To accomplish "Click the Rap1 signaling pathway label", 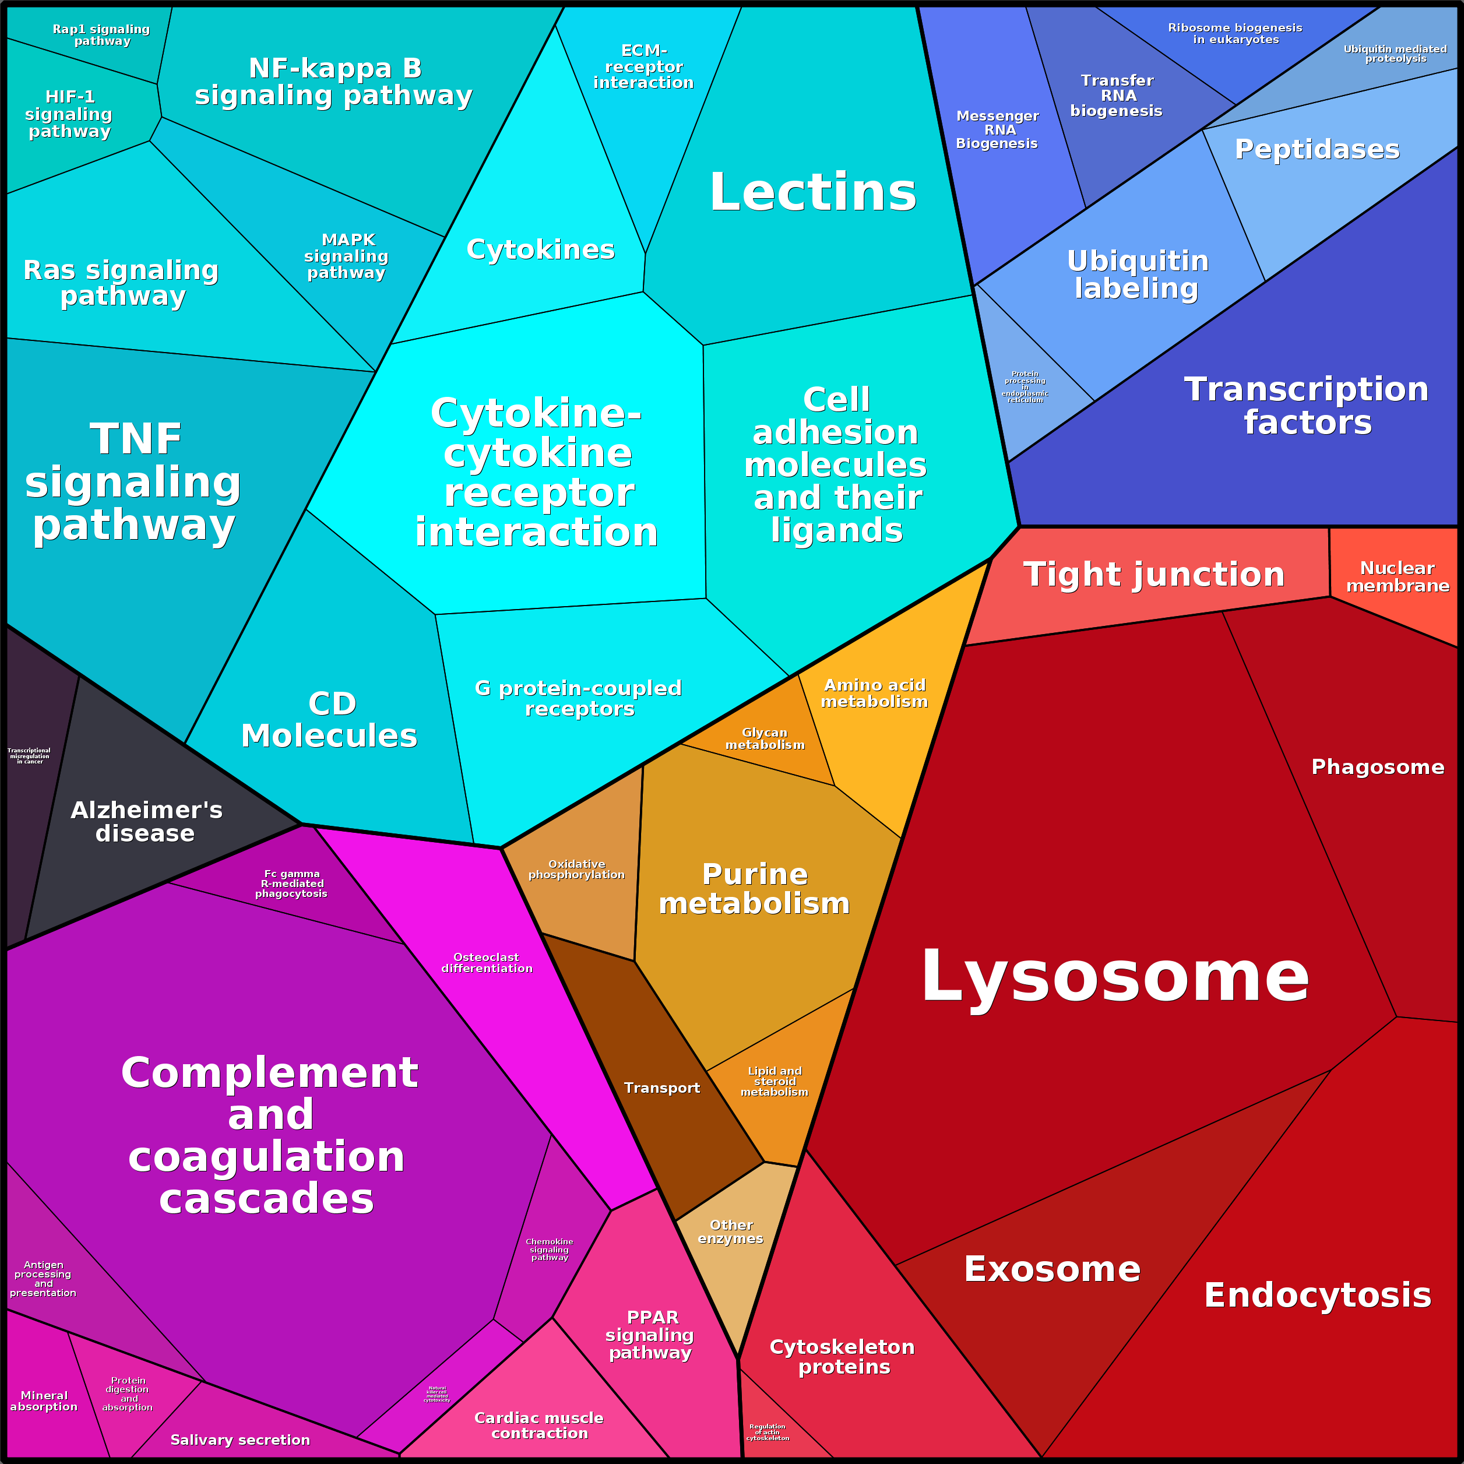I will (101, 35).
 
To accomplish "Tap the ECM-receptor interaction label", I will (643, 66).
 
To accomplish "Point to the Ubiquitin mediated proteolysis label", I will (1395, 54).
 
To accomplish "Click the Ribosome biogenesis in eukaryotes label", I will (1235, 33).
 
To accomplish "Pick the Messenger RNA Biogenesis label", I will (997, 129).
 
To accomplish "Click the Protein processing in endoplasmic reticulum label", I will (1025, 386).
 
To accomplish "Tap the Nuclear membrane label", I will (1398, 576).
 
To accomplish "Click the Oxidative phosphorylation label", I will (576, 869).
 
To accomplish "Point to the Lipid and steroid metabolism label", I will (775, 1081).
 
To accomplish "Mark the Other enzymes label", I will (730, 1231).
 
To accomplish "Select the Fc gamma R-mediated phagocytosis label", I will (292, 884).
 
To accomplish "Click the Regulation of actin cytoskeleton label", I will (768, 1432).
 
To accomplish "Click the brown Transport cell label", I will (661, 1088).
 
